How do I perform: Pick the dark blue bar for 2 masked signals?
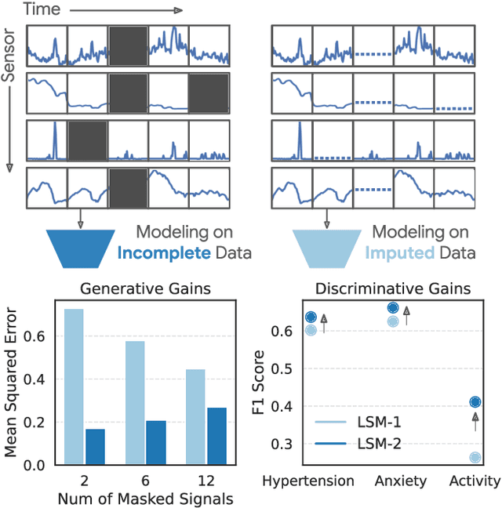(95, 446)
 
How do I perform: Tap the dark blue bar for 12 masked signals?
(216, 436)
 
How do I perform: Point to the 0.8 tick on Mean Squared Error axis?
(34, 294)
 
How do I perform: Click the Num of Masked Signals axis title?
(146, 497)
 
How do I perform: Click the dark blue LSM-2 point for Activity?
(475, 402)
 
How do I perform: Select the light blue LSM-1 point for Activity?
(475, 457)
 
